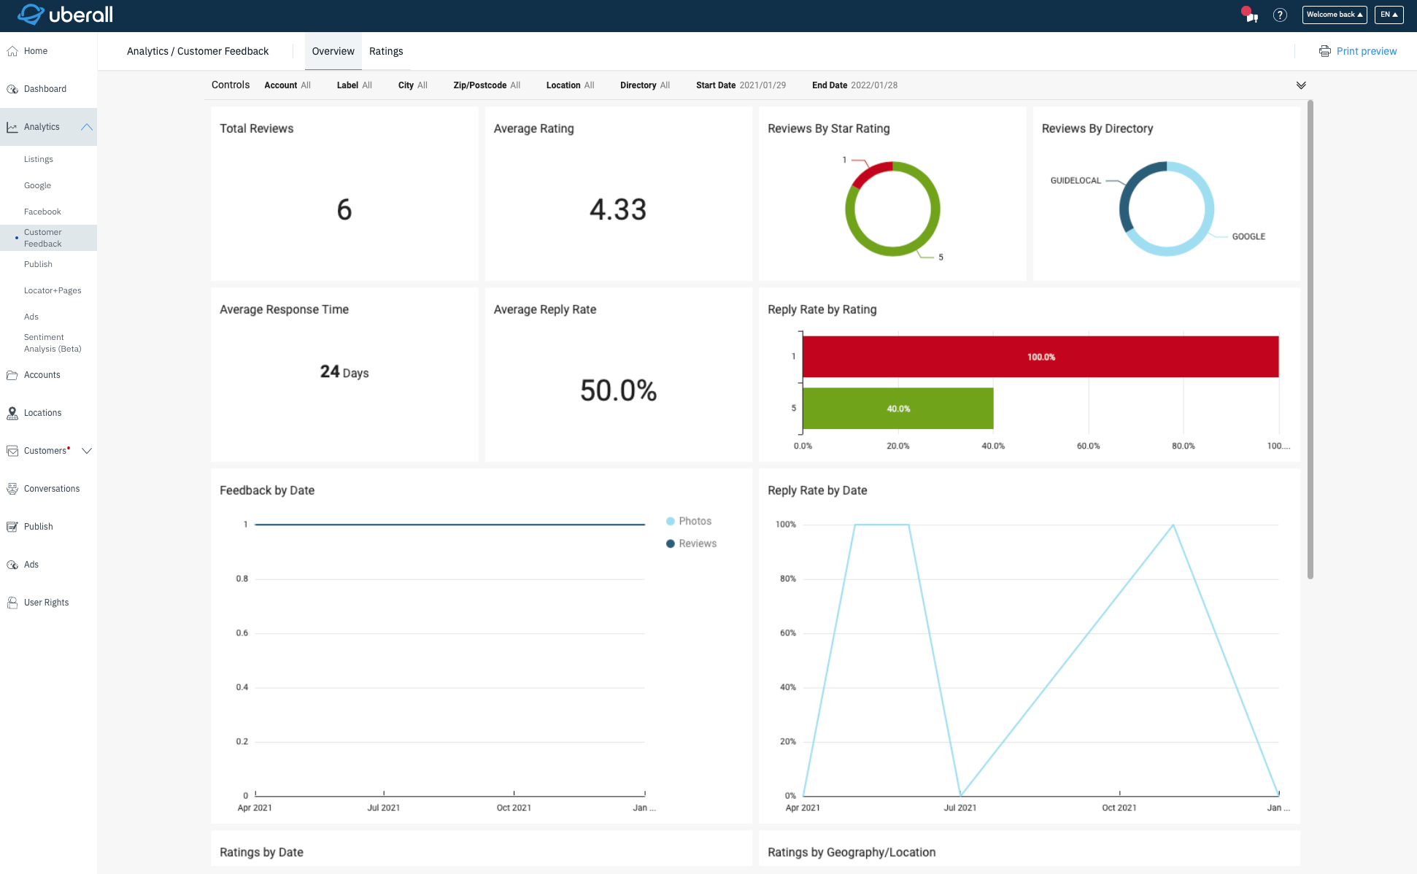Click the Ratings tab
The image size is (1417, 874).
(385, 51)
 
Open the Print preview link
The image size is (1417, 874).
(1365, 51)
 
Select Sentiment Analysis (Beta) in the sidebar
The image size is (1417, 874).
(52, 343)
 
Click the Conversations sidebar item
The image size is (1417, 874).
(51, 489)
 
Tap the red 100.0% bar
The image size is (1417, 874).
(1040, 357)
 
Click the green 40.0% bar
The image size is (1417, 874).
(897, 409)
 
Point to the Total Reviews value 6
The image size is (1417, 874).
(344, 210)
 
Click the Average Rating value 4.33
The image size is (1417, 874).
(618, 210)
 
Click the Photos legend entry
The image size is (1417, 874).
(694, 521)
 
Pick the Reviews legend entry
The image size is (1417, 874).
(697, 544)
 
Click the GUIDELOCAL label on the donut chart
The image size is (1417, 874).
(1075, 181)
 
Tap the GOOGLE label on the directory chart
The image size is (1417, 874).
(1248, 236)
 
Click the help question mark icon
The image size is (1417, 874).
(1280, 15)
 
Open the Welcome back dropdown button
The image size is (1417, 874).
(1334, 15)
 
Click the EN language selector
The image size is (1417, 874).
(1389, 15)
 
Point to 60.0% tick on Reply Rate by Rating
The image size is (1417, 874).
(1088, 446)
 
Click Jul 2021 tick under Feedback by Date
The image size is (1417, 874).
(383, 808)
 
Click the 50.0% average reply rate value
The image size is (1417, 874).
(618, 391)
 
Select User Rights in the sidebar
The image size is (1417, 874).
(46, 603)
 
